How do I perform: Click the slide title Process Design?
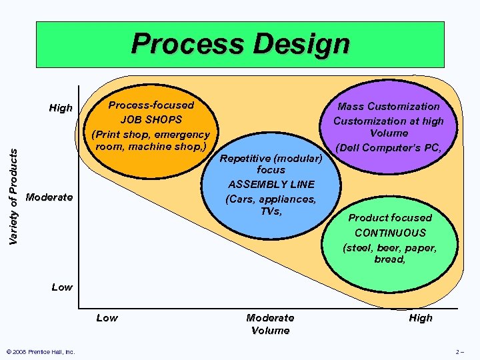click(x=240, y=44)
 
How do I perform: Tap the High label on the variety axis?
click(x=61, y=108)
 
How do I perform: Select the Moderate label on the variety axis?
click(x=49, y=197)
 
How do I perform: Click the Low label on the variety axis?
click(x=62, y=287)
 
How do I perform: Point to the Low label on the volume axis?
click(x=107, y=318)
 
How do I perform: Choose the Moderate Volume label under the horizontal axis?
click(x=270, y=324)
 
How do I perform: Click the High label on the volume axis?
click(x=421, y=318)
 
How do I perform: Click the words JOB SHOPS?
click(x=151, y=120)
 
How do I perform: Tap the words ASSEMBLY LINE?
click(x=271, y=185)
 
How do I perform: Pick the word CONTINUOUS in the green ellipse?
click(x=390, y=233)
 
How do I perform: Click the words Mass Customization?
click(x=389, y=107)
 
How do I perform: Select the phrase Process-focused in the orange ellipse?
click(x=151, y=105)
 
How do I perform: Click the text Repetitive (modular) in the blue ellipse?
click(x=271, y=159)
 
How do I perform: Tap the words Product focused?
click(x=390, y=218)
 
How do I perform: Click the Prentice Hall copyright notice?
click(x=40, y=352)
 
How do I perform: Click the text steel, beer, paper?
click(x=390, y=247)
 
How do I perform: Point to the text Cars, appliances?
click(x=271, y=199)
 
